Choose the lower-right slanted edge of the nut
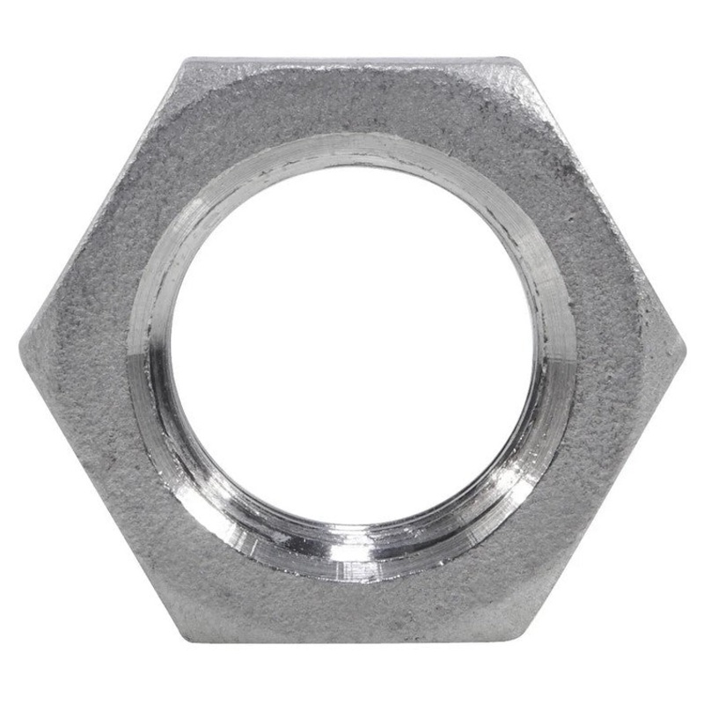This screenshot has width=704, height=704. coord(602,493)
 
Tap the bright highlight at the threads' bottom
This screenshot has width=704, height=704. coord(352,553)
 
